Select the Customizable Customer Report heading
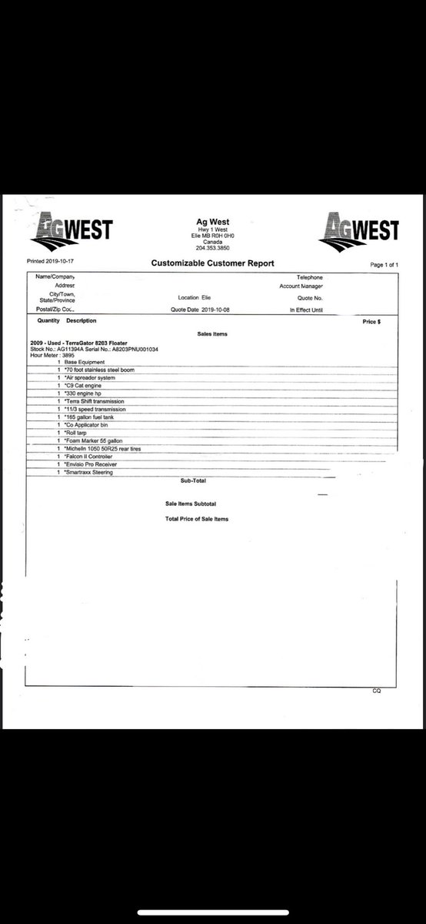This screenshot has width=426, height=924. (x=213, y=263)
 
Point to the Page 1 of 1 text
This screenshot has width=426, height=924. (x=384, y=265)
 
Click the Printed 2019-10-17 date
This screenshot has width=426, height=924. (x=48, y=262)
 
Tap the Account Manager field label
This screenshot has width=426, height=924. (x=301, y=286)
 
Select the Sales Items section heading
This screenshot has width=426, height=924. (x=213, y=334)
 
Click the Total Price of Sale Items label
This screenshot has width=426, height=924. (x=197, y=519)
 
